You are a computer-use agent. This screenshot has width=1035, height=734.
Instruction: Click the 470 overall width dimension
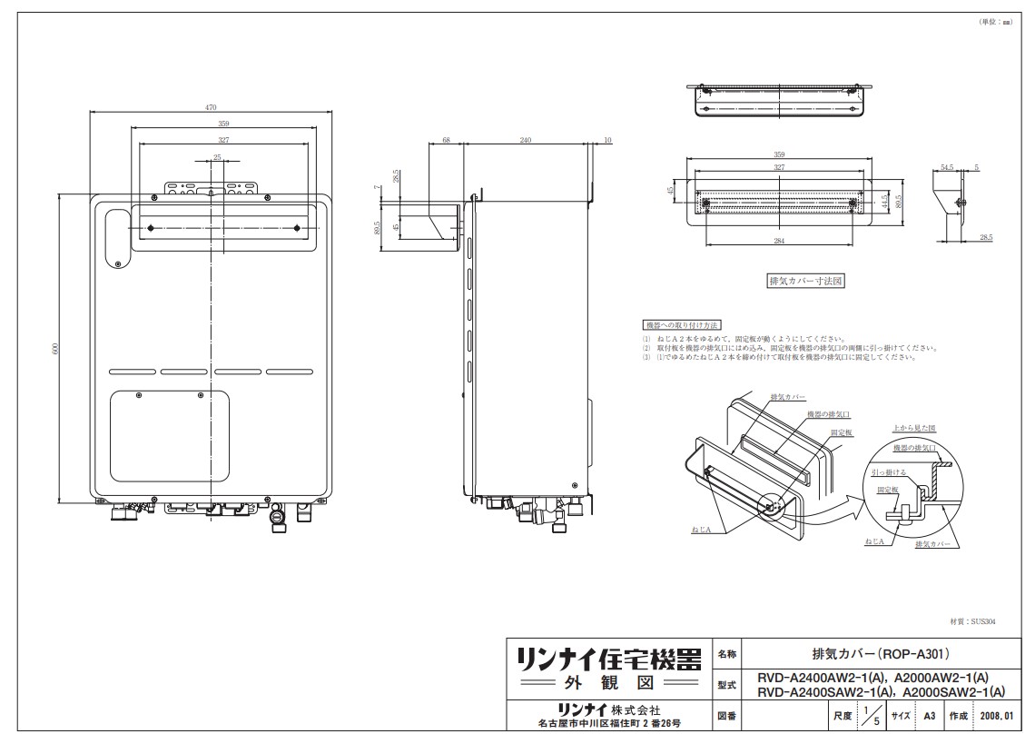pos(212,107)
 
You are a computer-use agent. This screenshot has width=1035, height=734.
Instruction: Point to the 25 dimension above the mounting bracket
pos(217,157)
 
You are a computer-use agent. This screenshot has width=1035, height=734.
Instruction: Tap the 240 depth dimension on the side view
pos(526,140)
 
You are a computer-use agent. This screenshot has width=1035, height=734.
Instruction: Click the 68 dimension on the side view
pos(447,140)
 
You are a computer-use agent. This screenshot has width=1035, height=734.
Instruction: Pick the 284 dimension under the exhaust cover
pos(781,241)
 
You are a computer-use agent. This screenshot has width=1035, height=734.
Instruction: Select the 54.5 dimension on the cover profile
pos(947,167)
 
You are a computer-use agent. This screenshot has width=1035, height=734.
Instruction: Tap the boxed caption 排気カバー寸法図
pos(806,282)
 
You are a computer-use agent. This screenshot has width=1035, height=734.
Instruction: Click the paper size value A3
pos(929,716)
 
